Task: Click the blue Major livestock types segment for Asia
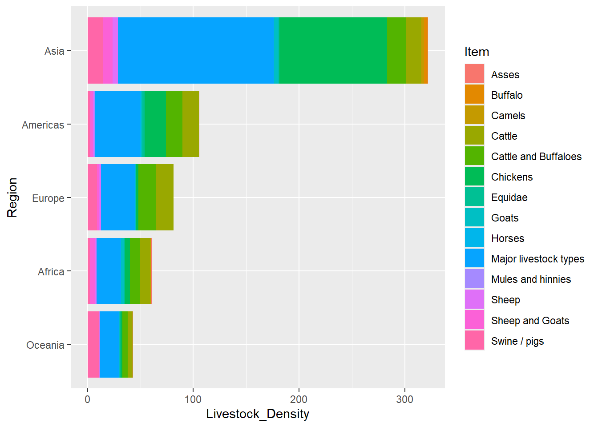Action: [x=196, y=50]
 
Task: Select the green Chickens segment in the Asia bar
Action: [x=333, y=50]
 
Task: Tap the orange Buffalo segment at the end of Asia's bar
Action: [x=425, y=50]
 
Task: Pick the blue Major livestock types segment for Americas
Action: [x=117, y=124]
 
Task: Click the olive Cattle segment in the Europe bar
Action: [x=165, y=197]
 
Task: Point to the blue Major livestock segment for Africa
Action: [x=109, y=271]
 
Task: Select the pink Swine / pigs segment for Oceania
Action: [x=93, y=344]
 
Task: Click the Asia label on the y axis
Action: [x=54, y=51]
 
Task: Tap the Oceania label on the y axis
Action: [x=45, y=345]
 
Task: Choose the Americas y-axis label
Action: [x=43, y=125]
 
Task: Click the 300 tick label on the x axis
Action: [x=404, y=399]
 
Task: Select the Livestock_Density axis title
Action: [x=258, y=414]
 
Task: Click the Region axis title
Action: [x=12, y=197]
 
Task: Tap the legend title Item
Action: [x=477, y=52]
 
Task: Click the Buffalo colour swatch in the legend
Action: [x=474, y=94]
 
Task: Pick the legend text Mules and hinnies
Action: [x=531, y=279]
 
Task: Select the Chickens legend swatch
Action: [x=474, y=177]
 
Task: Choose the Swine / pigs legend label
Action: [x=517, y=341]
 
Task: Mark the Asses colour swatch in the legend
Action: [x=474, y=74]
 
